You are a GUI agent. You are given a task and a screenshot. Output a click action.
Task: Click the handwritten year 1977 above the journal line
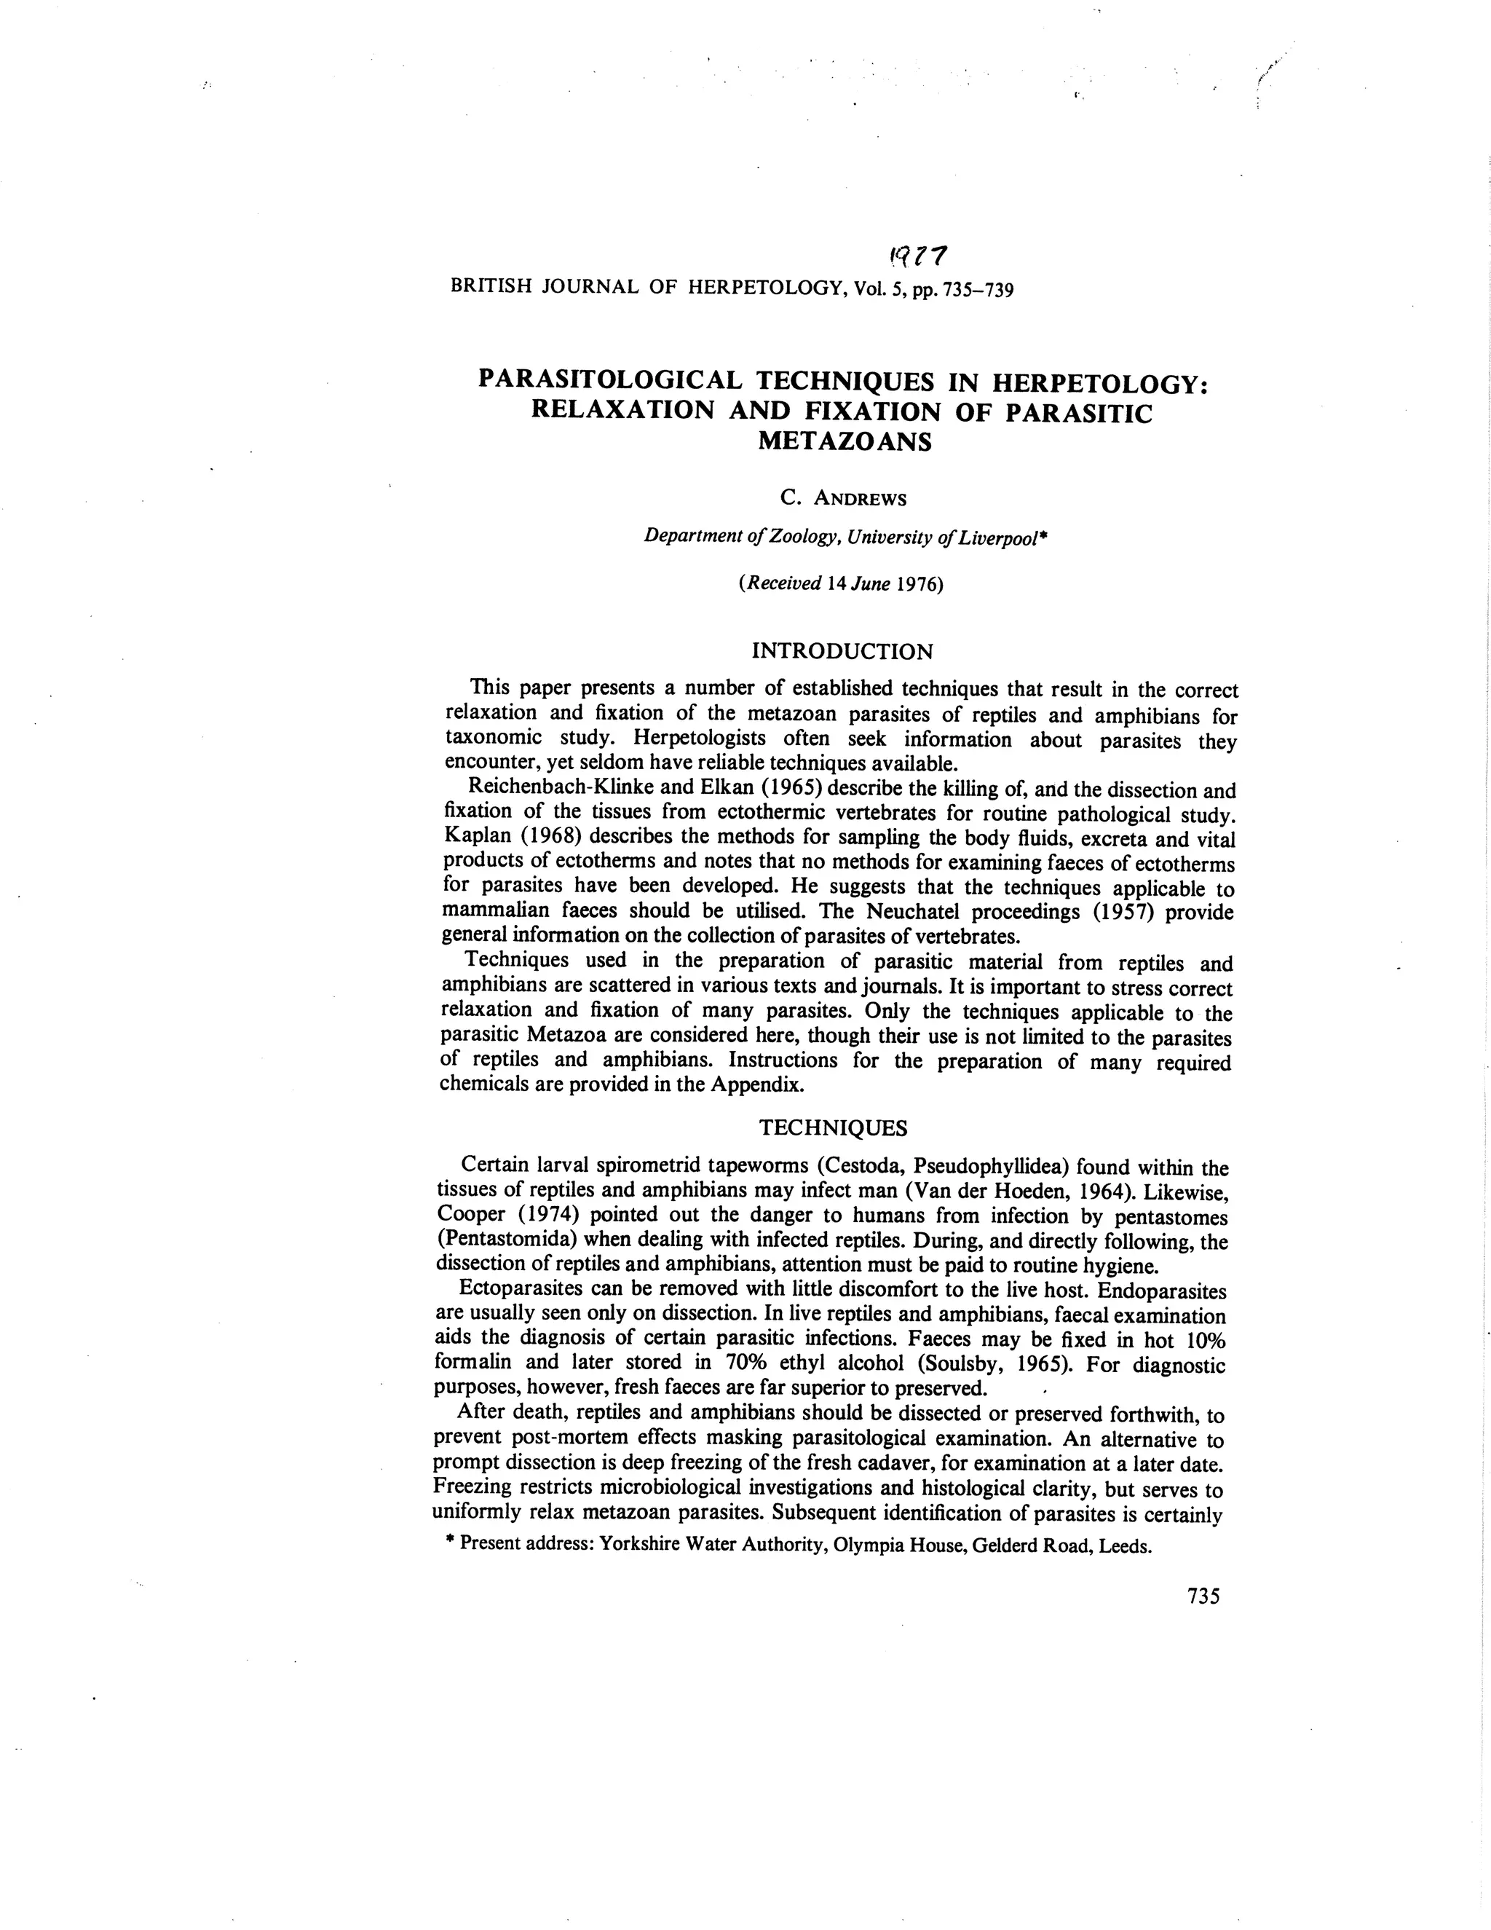[919, 256]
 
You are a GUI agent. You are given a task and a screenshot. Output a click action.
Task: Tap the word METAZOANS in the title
[845, 442]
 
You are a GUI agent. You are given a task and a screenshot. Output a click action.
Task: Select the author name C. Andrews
[844, 498]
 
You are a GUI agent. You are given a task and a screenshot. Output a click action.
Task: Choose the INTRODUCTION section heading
[842, 652]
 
